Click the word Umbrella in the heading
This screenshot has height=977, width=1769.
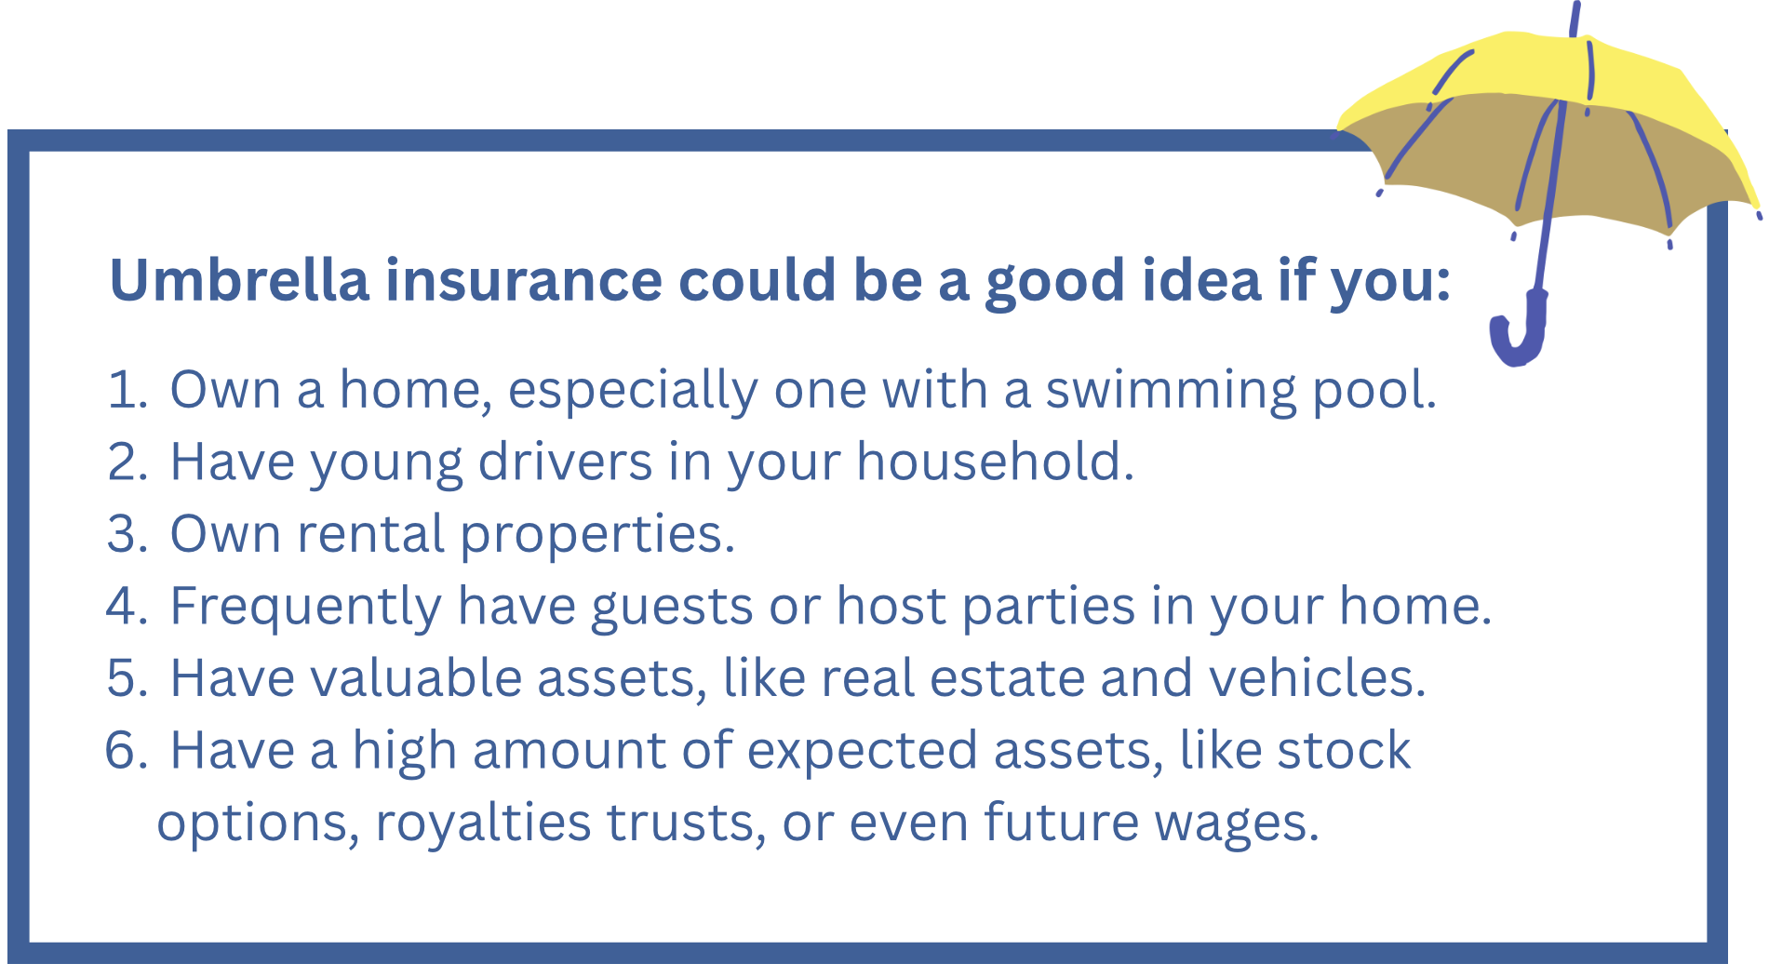click(239, 279)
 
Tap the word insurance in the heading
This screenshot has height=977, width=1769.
click(523, 279)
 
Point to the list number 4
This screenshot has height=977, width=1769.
click(127, 606)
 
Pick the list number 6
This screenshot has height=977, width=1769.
click(127, 750)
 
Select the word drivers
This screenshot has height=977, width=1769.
click(565, 462)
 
